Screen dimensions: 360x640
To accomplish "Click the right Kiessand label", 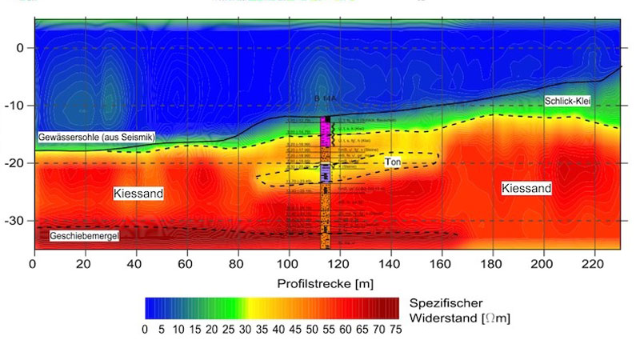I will (526, 188).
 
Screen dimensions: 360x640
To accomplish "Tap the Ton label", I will (392, 162).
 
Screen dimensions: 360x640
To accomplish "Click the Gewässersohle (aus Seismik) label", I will (95, 138).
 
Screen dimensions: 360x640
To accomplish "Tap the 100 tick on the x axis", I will (289, 263).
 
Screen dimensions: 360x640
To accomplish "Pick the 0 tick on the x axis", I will (34, 263).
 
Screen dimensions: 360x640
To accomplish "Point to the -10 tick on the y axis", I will (17, 106).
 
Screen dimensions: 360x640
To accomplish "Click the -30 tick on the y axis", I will (17, 220).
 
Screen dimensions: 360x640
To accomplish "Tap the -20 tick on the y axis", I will (17, 163).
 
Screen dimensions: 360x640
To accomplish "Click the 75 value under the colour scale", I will (394, 329).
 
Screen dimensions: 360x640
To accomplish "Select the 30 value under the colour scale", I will (244, 329).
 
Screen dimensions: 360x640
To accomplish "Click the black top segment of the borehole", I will (326, 119).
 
